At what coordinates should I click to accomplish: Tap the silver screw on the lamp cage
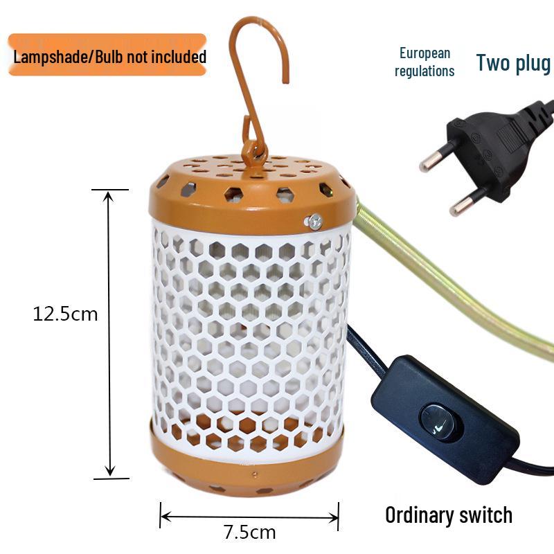coord(316,221)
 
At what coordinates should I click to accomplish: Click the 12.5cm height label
coord(66,314)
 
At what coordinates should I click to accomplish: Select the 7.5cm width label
coord(249,533)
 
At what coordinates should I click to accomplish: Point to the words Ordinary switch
coord(449,515)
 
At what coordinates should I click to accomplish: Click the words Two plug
coord(513,62)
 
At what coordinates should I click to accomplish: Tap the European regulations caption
coord(425,62)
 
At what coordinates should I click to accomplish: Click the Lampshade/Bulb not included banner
coord(108,55)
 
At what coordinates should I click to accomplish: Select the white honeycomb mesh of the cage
coord(249,332)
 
